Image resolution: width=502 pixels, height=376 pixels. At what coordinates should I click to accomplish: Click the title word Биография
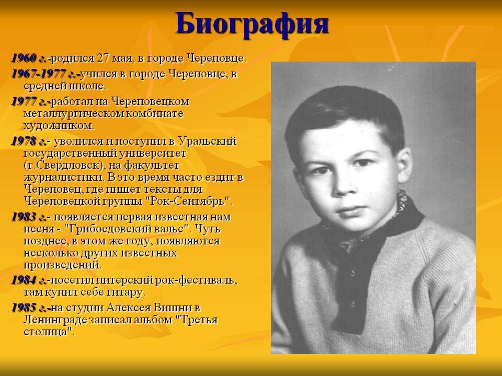click(x=252, y=24)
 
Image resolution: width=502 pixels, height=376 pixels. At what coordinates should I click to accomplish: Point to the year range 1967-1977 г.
click(x=45, y=74)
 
